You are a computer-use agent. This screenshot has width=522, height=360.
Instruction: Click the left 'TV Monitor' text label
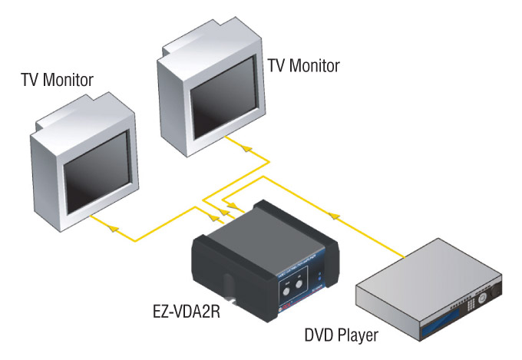coord(58,79)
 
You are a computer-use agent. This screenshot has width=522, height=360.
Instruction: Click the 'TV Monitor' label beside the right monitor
coord(303,65)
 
